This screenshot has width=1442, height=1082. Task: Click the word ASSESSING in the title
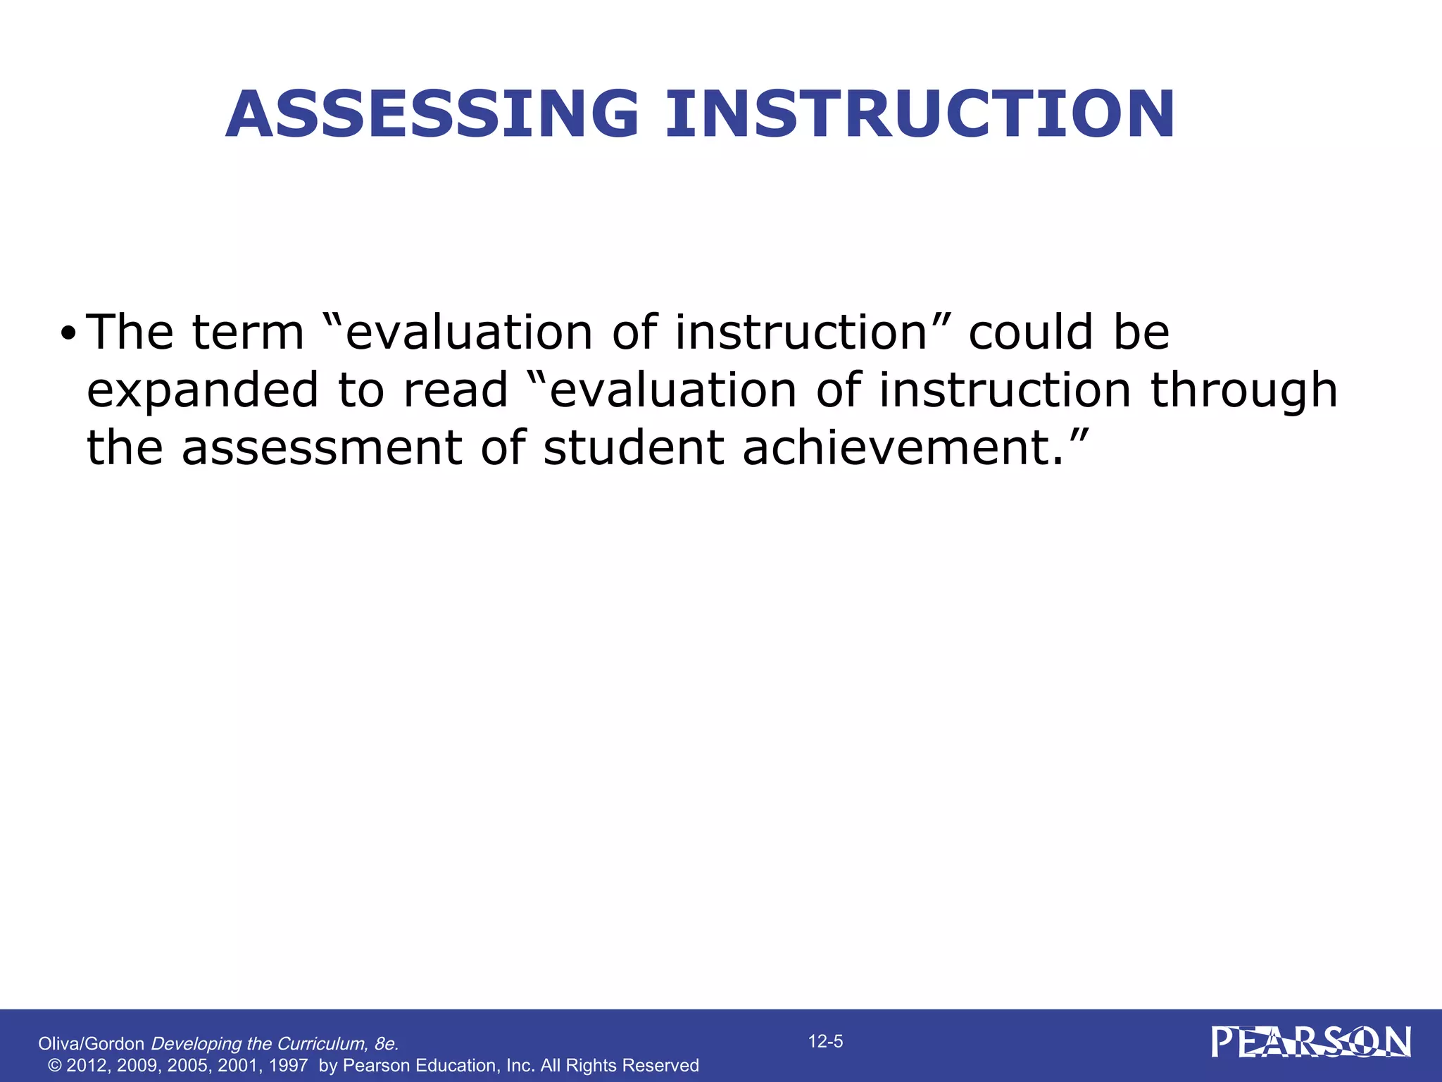tap(432, 114)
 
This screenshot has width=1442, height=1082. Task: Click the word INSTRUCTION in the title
tap(920, 114)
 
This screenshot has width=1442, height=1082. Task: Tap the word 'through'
tap(1243, 391)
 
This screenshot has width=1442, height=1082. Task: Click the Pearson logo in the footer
tap(1311, 1042)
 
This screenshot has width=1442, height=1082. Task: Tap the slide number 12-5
tap(825, 1041)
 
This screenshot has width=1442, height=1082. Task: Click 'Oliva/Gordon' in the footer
tap(91, 1044)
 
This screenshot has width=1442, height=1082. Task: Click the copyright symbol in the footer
tap(54, 1065)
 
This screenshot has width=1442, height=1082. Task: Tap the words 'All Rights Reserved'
tap(620, 1065)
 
